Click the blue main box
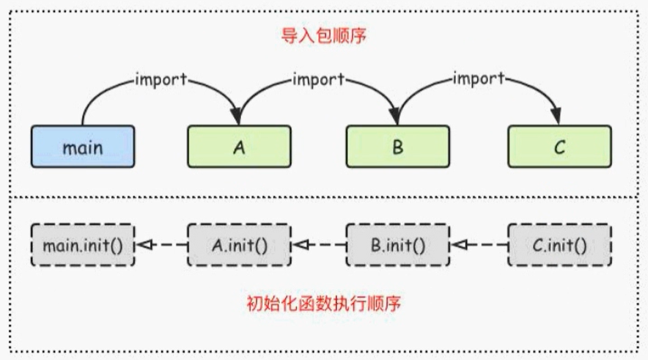click(83, 147)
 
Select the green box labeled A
click(239, 147)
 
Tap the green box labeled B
click(397, 147)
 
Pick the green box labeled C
click(559, 147)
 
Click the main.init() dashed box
click(83, 245)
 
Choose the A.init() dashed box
click(239, 245)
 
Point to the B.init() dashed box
click(397, 245)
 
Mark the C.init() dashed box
click(559, 245)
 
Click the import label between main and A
click(161, 79)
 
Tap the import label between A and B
click(320, 79)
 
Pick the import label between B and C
click(479, 79)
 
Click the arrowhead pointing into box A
click(238, 117)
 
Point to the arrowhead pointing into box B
click(396, 117)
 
